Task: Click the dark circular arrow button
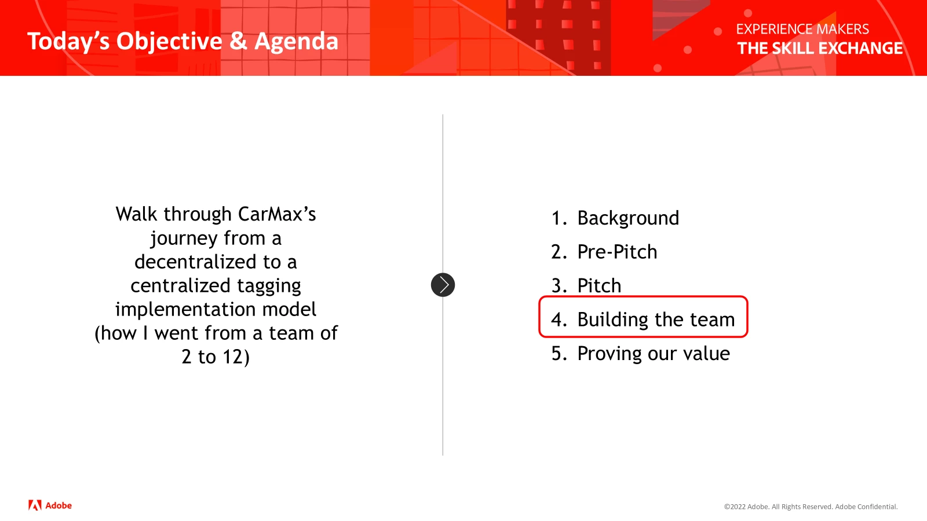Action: tap(443, 285)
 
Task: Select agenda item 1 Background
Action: tap(615, 218)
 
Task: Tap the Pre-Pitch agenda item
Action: tap(604, 252)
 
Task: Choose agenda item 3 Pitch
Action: tap(586, 286)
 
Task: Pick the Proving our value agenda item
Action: tap(641, 354)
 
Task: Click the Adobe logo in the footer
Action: tap(50, 505)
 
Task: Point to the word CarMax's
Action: tap(277, 214)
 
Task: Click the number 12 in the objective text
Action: tap(233, 357)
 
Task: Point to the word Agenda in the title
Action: tap(296, 41)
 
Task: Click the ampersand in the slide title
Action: tap(238, 41)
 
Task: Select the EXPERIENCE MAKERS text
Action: tap(802, 30)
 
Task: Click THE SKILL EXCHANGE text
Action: tap(820, 49)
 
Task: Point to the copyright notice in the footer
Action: tap(811, 507)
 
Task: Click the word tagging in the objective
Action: tap(269, 286)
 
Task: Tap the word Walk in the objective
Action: tap(137, 214)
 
